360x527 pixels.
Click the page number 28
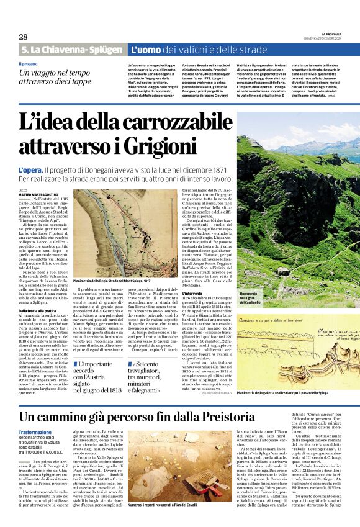click(23, 37)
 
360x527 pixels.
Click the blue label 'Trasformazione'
click(35, 431)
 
